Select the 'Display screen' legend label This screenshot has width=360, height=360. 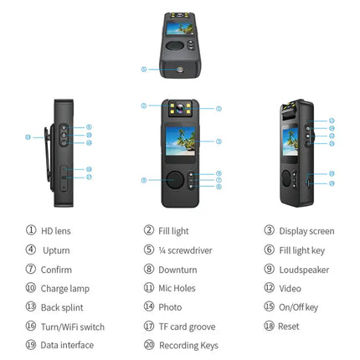tap(306, 230)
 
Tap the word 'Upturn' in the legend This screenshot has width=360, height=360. tap(56, 249)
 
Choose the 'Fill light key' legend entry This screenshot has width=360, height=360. tap(305, 249)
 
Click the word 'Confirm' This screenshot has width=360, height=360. tap(57, 269)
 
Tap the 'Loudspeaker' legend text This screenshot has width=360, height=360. tap(304, 269)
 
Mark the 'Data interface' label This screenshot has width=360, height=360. tap(67, 345)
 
